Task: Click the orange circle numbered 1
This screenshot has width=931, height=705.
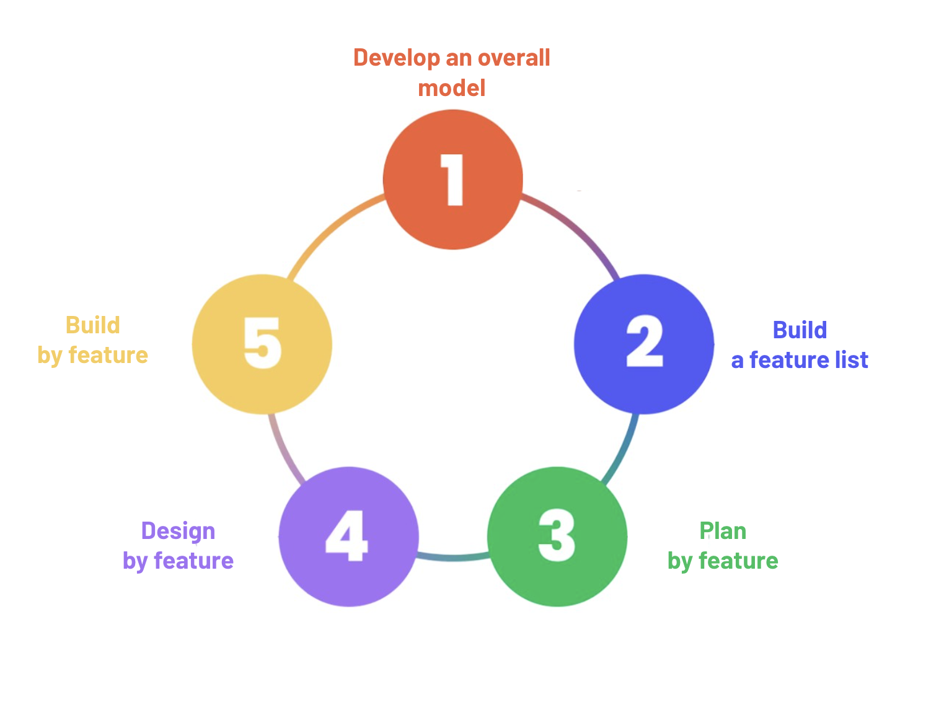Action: coord(453,180)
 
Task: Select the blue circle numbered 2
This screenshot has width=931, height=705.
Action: coord(644,344)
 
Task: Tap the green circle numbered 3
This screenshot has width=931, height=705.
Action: coord(557,536)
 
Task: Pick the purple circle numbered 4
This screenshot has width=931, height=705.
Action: coord(349,536)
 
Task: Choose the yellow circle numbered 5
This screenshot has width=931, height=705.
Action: coord(262,344)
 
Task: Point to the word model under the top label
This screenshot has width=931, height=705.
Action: coord(452,88)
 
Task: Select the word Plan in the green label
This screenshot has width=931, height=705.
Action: coord(723,531)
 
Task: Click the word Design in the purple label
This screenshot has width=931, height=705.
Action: coord(178,531)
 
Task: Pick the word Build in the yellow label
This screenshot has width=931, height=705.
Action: coord(93,325)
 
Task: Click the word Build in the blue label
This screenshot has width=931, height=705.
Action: coord(800,330)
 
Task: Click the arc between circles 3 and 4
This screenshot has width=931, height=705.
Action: coord(453,558)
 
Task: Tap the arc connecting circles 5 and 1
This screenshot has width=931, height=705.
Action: coord(329,229)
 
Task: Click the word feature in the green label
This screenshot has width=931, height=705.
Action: coord(738,561)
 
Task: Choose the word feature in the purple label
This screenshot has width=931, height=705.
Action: coord(193,561)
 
